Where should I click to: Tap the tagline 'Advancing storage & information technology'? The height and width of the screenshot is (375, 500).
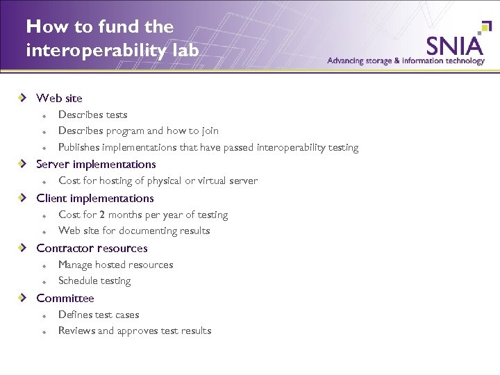[406, 60]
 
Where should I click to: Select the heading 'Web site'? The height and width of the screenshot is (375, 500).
[59, 98]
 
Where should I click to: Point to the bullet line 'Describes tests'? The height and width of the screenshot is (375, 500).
[92, 115]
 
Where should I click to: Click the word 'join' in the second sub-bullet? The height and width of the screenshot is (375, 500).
[210, 131]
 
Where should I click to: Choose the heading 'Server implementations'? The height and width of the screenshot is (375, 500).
[96, 165]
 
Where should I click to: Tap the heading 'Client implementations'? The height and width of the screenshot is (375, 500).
[95, 199]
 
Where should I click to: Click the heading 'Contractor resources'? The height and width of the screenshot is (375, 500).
[92, 249]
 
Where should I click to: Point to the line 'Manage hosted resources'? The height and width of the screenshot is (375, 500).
[115, 265]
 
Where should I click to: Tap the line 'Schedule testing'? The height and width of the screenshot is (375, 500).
[94, 281]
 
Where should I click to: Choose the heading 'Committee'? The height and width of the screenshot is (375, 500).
[65, 299]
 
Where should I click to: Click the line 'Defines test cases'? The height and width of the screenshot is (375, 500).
[99, 315]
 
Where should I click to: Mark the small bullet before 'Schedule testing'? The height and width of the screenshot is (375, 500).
[43, 282]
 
